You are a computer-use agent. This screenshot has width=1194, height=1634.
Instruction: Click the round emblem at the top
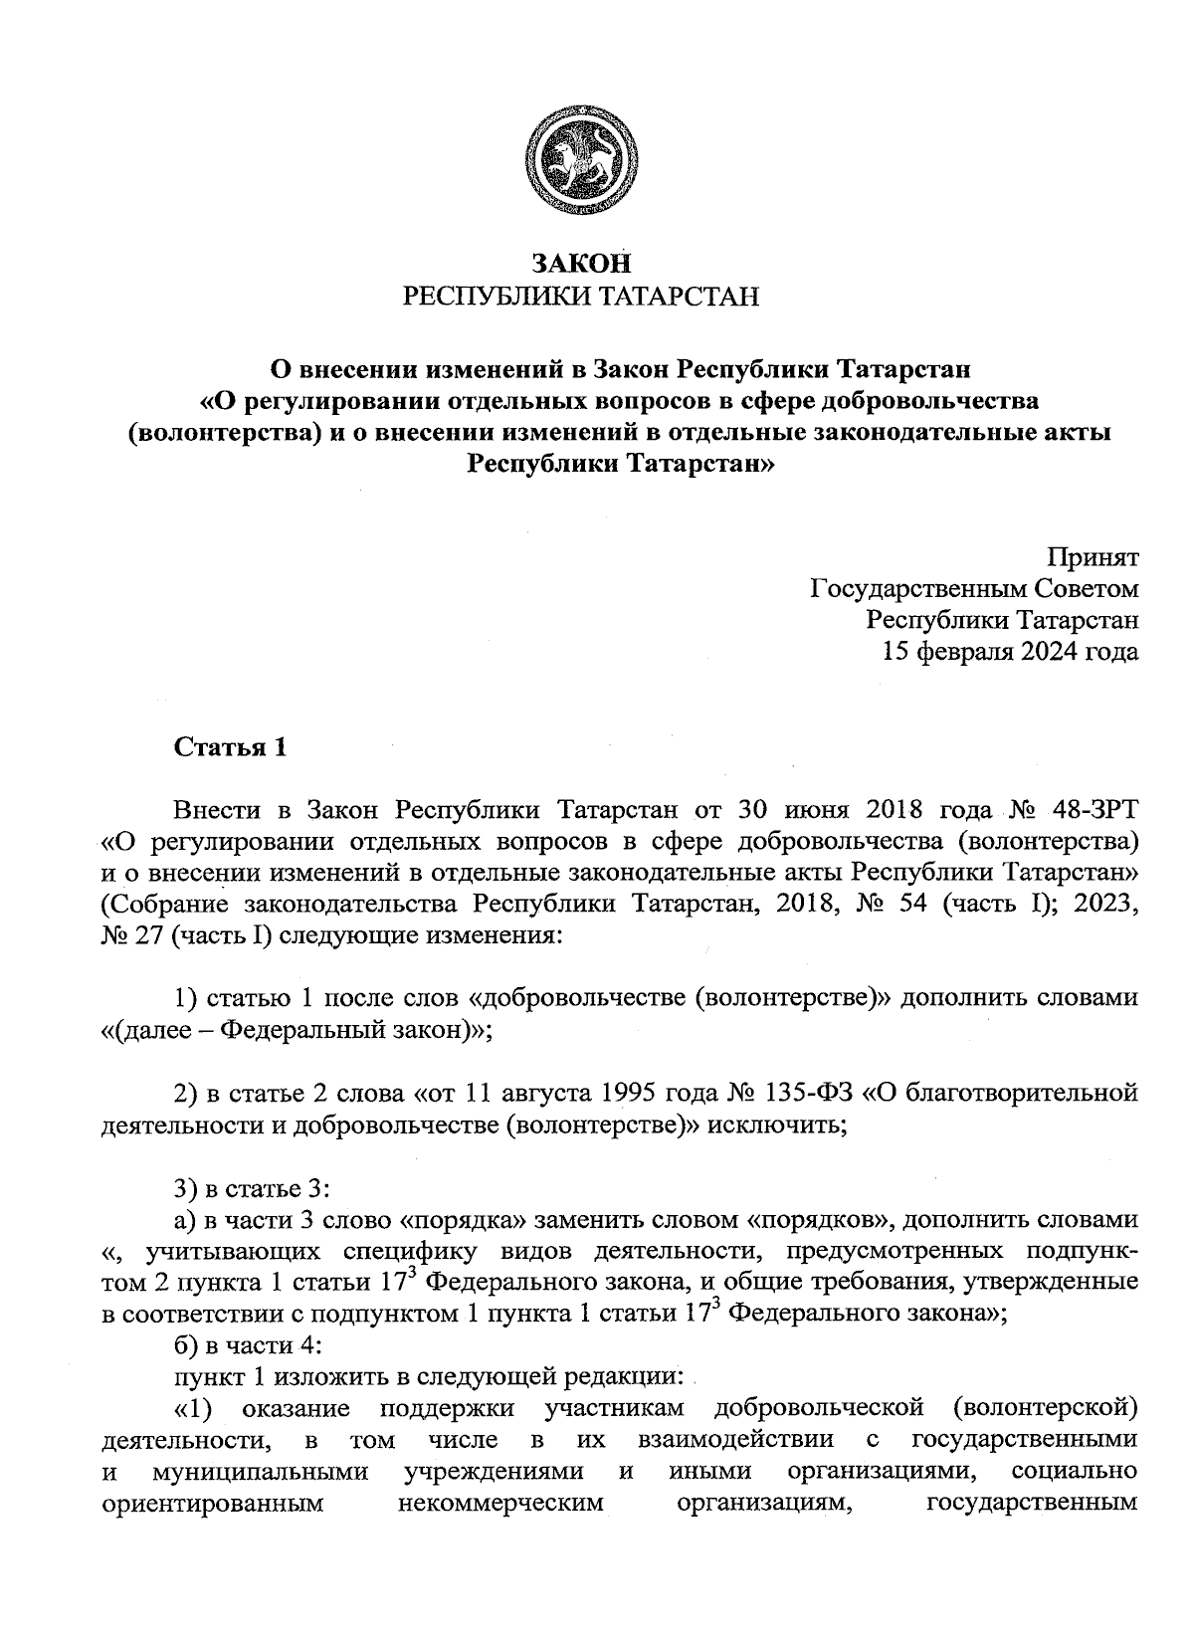click(581, 159)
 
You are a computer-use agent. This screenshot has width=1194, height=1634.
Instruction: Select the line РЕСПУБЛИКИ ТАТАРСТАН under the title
click(581, 297)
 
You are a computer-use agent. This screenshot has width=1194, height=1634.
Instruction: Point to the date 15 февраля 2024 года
click(1011, 652)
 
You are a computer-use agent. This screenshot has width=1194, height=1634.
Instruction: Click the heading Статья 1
click(231, 747)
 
